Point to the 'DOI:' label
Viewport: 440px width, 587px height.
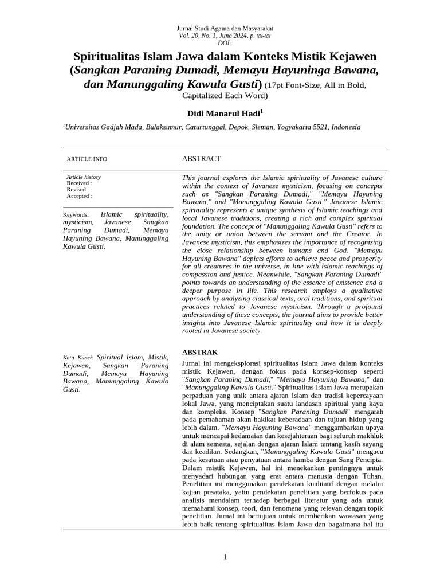point(225,43)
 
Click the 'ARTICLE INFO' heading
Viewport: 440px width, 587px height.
point(87,159)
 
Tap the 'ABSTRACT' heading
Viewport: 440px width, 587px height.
point(201,158)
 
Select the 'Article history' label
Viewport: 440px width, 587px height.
point(84,177)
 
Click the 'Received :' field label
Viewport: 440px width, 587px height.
point(79,183)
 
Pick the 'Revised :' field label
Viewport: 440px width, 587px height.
point(79,190)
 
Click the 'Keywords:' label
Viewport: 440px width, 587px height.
point(76,214)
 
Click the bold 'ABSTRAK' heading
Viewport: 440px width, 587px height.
point(199,351)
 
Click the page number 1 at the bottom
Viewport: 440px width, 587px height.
point(225,557)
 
